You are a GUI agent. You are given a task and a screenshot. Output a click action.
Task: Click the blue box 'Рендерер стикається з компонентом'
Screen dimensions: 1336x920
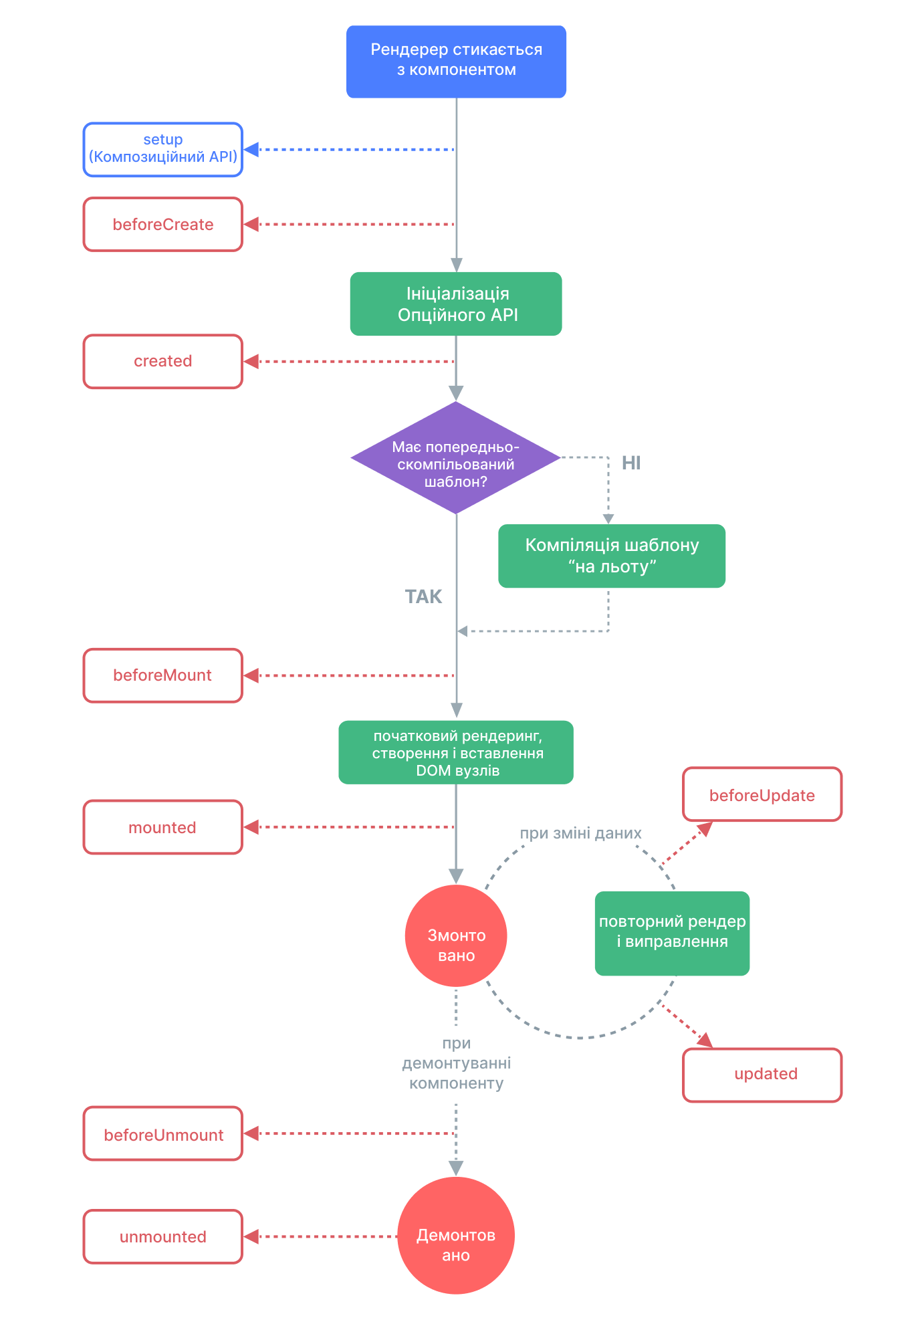[456, 62]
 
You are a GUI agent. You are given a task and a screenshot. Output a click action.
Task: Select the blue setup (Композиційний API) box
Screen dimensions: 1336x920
[162, 149]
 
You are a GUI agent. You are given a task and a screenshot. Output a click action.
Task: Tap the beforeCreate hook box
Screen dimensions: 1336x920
[162, 225]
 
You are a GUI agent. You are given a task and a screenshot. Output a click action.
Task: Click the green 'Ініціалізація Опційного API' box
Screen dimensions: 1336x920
[456, 304]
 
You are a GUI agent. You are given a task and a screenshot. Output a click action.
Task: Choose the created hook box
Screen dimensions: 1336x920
[162, 362]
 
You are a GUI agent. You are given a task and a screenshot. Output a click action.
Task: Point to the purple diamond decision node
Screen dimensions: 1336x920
[456, 458]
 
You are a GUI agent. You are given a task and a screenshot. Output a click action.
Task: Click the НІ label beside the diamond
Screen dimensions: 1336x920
[630, 463]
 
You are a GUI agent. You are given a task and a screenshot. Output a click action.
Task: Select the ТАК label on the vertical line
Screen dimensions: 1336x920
[423, 596]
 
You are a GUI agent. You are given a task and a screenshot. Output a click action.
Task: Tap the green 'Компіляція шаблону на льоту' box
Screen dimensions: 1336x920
[611, 556]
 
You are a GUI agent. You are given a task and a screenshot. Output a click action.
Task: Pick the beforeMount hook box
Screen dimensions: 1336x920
[162, 675]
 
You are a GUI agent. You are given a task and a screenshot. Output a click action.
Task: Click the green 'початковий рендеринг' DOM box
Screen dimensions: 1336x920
[456, 752]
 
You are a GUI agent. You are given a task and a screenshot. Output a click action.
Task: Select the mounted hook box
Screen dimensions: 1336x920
[162, 827]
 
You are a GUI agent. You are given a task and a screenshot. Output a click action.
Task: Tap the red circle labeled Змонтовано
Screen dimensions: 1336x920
[456, 935]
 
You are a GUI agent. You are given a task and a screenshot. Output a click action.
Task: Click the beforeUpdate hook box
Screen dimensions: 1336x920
[762, 794]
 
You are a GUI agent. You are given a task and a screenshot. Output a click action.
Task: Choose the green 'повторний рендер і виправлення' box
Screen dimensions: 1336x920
[672, 933]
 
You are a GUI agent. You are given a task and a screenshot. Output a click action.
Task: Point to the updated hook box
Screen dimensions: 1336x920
[762, 1075]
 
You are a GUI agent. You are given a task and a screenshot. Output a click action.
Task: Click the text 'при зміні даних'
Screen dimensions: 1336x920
[580, 833]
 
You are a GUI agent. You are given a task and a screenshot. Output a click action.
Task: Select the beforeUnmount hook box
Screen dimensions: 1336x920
[162, 1134]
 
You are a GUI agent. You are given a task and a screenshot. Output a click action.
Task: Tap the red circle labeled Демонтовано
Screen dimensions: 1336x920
[456, 1235]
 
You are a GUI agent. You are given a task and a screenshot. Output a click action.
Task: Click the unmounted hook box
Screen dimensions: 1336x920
[162, 1237]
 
